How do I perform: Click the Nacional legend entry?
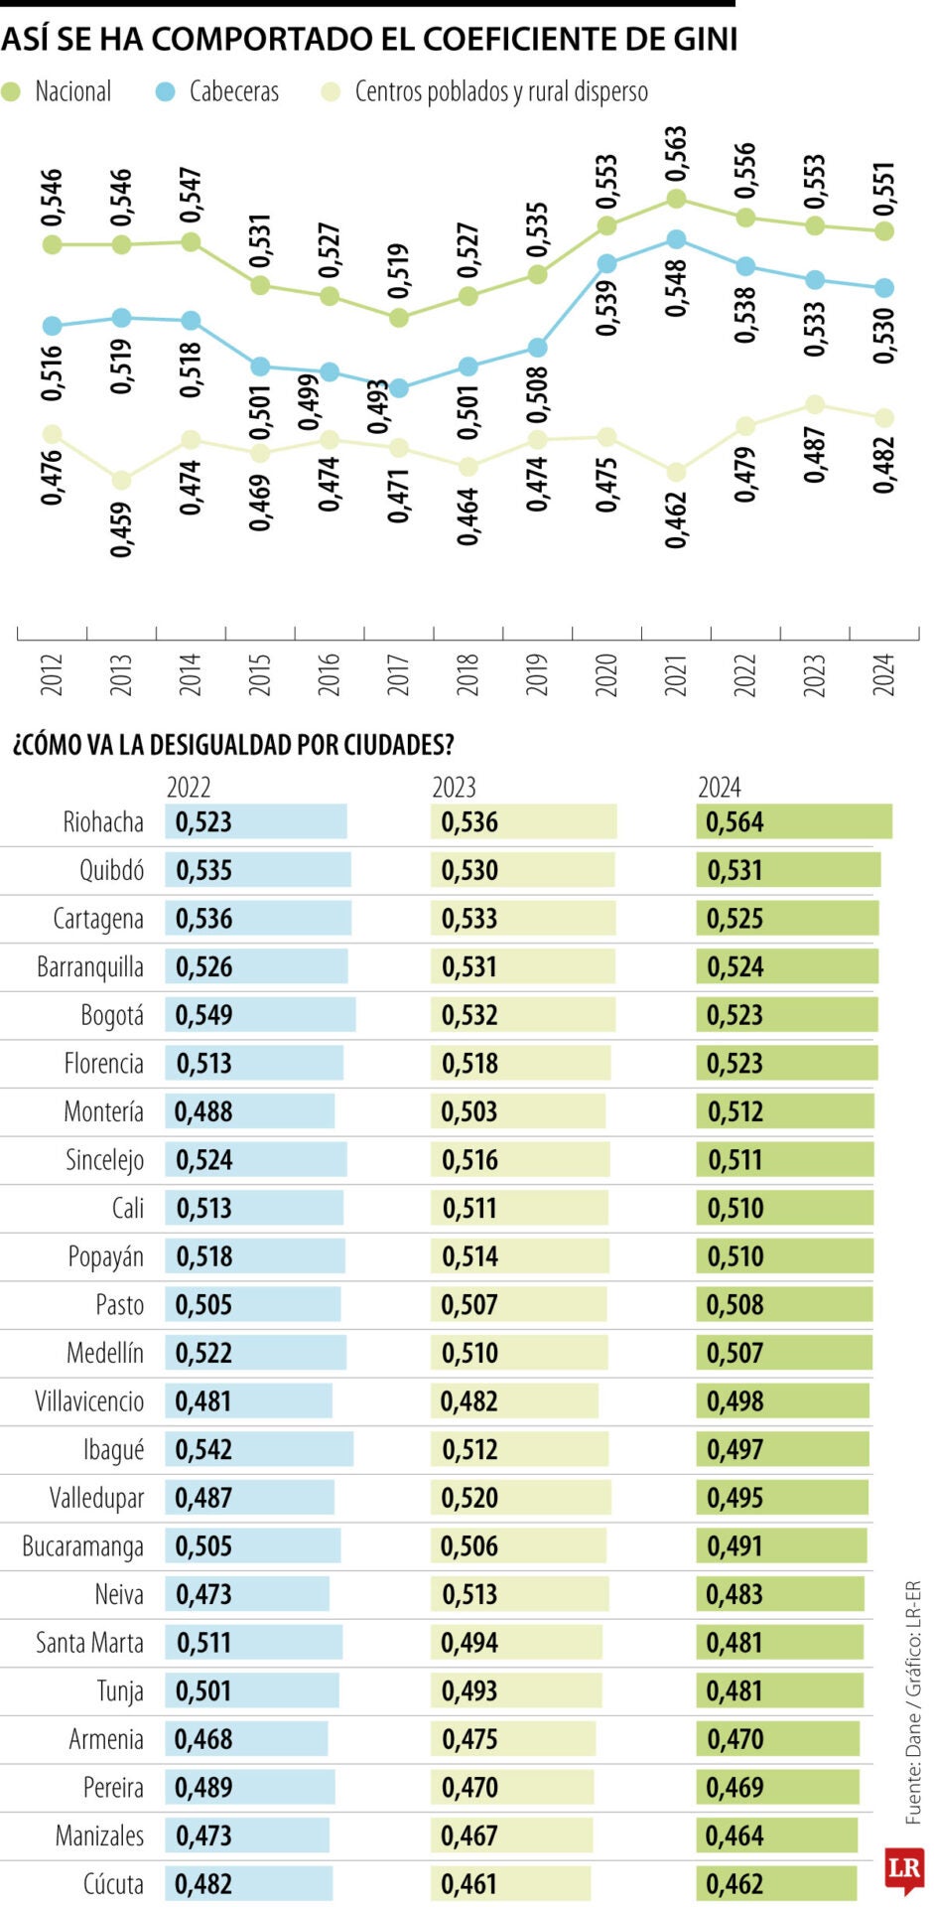60,92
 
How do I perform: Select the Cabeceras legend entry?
218,92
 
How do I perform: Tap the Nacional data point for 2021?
676,199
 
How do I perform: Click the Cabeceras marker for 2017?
398,388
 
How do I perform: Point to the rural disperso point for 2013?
121,480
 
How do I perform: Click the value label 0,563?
676,154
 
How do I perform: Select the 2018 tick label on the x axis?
467,674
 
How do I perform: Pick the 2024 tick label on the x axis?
883,674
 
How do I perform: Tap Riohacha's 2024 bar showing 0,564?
793,822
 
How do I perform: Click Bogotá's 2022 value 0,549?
203,1015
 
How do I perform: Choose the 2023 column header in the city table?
454,788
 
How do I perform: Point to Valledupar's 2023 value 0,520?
469,1498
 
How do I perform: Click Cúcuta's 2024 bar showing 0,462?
775,1884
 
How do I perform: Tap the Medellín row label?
104,1353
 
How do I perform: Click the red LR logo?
903,1868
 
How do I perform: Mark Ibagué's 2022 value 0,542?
203,1450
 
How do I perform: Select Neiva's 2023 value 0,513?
469,1594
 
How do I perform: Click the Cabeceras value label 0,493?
377,406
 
